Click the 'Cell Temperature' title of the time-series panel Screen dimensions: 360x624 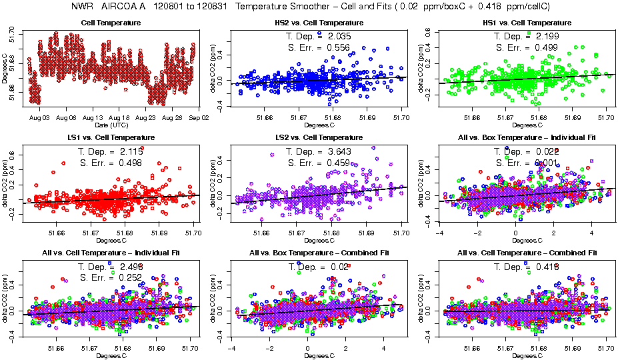click(x=111, y=23)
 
